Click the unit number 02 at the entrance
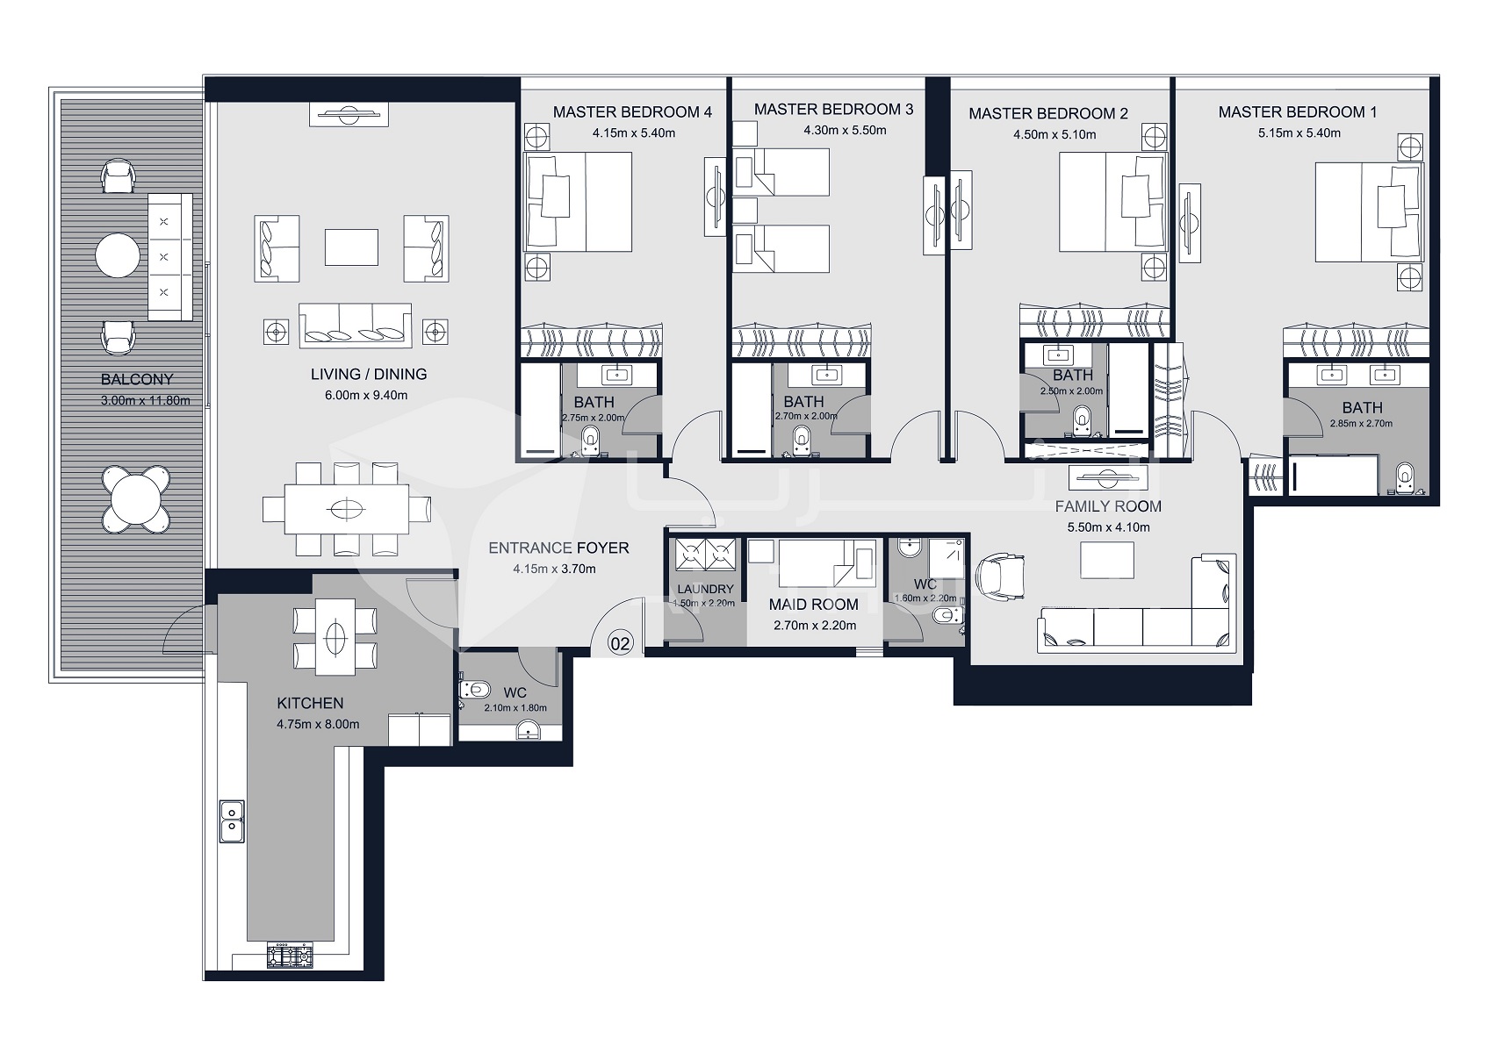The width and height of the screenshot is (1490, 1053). (620, 643)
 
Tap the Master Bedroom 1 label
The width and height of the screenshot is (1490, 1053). (1297, 112)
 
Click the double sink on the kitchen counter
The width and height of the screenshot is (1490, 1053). (232, 822)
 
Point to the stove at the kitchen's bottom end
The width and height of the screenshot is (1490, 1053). (290, 955)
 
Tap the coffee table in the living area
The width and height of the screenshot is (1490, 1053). (351, 247)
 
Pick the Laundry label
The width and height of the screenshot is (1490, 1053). (705, 589)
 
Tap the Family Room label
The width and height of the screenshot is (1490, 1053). (1107, 506)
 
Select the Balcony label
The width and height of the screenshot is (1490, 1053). (137, 379)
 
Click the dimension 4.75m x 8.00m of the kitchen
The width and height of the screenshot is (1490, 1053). (317, 724)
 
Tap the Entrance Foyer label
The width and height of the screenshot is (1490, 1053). (558, 548)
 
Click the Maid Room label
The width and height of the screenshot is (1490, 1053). (813, 605)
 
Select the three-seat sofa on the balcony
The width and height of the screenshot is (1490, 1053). (170, 257)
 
